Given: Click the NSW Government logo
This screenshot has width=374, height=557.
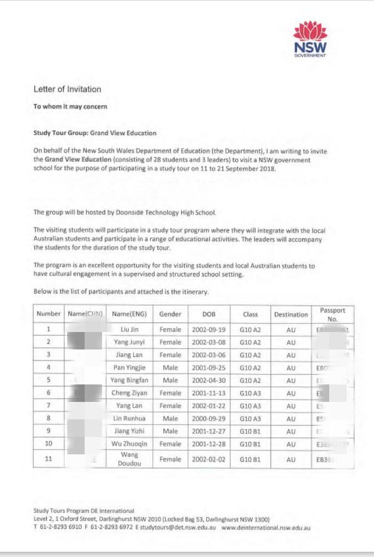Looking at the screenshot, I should (x=310, y=39).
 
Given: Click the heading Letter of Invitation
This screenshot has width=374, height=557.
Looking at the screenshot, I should (x=67, y=89).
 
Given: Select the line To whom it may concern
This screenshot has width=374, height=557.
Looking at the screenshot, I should (x=70, y=106).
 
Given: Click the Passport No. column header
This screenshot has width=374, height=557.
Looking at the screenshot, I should (x=333, y=314).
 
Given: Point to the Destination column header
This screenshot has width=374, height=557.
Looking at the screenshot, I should (x=291, y=314).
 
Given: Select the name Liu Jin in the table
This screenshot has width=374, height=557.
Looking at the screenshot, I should (x=129, y=329).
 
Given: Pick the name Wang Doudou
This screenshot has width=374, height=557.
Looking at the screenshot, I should (x=129, y=459).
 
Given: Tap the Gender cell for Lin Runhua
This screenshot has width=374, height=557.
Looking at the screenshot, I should (x=170, y=419).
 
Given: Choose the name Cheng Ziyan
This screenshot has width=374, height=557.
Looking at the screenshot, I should (x=129, y=393).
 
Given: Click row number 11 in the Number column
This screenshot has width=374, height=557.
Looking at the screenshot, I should (x=49, y=459).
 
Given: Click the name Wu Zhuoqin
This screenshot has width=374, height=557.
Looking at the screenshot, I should (x=129, y=443).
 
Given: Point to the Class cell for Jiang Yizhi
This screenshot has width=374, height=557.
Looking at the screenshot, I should (x=251, y=431).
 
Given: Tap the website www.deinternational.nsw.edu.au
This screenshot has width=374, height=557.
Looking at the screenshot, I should (x=266, y=528).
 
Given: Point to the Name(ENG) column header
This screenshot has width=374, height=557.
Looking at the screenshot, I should (x=129, y=314).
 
